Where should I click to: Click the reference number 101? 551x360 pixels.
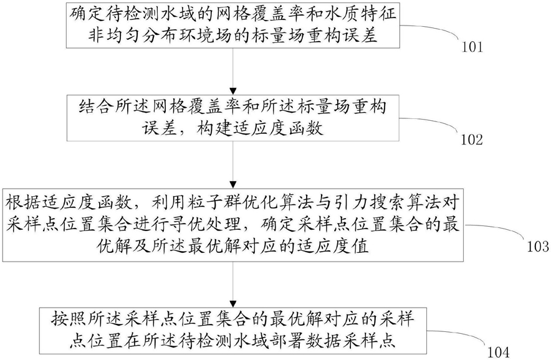pos(472,47)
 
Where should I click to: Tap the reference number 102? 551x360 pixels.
pos(472,140)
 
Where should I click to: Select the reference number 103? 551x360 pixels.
pos(538,246)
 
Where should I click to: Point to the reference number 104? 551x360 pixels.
pos(499,352)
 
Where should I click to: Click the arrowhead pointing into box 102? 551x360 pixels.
pos(232,91)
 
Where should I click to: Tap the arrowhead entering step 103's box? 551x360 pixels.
pos(232,185)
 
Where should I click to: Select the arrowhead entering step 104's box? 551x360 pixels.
pos(232,303)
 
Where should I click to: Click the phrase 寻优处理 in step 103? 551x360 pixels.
pos(204,224)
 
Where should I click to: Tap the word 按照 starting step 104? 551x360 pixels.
pos(69,319)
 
